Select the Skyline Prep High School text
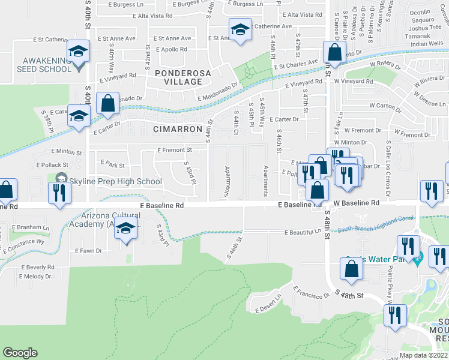(116, 181)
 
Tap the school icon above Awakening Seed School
(78, 52)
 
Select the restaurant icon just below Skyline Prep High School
(58, 193)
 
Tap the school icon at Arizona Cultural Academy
(127, 229)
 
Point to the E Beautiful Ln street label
(302, 232)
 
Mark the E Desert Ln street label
(268, 304)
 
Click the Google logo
(20, 353)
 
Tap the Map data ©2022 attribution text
(424, 355)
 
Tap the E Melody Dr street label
(36, 277)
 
